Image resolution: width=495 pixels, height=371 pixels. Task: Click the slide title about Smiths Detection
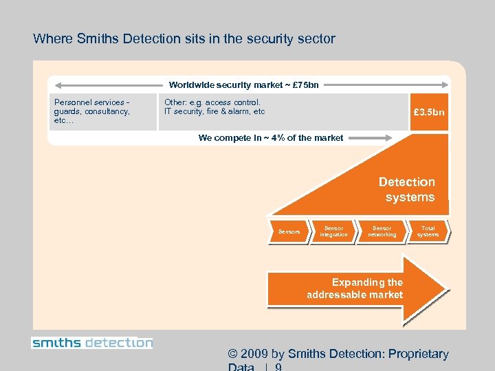coord(184,39)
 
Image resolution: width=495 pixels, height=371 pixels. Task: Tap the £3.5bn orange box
coord(429,111)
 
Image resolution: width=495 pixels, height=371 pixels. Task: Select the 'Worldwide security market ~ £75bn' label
coord(243,85)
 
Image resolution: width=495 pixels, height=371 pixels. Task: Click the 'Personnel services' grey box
coord(102,111)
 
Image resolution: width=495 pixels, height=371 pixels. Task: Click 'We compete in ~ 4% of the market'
coord(270,137)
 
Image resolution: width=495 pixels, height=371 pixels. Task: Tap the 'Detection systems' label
coord(408,190)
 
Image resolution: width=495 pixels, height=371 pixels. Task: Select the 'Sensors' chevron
coord(289,232)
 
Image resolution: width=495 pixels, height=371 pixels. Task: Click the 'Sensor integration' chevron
coord(333,232)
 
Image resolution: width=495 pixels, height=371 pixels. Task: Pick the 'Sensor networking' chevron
coord(382,232)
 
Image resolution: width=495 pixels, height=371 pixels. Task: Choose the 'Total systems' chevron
coord(428,232)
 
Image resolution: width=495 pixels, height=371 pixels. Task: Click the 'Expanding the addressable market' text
coord(355,289)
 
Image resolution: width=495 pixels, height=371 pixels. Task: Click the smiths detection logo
coord(92,342)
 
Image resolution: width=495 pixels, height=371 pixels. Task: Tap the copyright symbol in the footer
coord(233,355)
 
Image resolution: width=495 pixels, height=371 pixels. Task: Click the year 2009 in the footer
coord(254,355)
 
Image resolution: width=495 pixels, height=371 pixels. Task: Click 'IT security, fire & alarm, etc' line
coord(214,111)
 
